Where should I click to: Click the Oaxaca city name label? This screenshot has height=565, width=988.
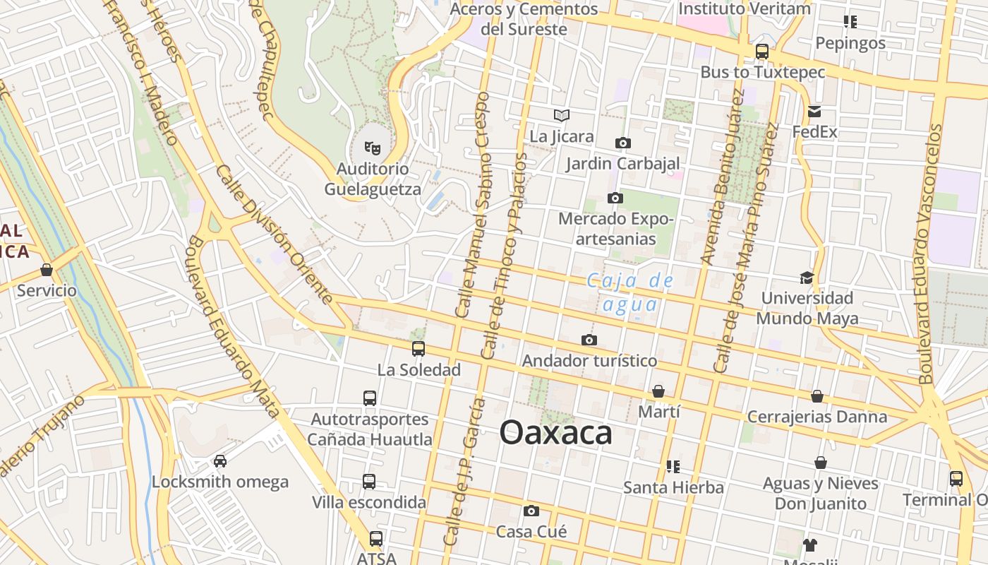[555, 432]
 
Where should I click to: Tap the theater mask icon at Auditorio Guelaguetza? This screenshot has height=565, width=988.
[372, 148]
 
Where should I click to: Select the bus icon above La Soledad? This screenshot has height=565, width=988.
[418, 348]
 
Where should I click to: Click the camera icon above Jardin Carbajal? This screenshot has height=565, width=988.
[622, 143]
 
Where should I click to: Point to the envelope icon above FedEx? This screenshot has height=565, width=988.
[814, 112]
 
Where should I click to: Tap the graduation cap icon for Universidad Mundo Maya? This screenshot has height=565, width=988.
[807, 278]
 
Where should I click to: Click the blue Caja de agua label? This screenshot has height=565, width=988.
[631, 292]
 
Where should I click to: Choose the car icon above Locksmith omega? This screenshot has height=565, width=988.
[220, 461]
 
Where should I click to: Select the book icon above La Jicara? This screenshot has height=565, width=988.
[562, 115]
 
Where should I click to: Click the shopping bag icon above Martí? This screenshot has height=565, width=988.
[658, 391]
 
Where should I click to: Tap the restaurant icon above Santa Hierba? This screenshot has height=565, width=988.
[673, 467]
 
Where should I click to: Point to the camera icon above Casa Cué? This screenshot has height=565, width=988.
[531, 511]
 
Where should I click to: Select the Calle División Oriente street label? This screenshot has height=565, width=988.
[275, 235]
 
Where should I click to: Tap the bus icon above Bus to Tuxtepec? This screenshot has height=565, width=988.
[762, 51]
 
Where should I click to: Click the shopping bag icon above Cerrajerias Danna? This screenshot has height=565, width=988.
[817, 396]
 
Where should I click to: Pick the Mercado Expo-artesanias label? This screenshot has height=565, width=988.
[616, 229]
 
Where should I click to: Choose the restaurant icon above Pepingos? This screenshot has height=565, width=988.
[850, 22]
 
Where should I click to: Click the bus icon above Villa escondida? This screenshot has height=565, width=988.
[369, 482]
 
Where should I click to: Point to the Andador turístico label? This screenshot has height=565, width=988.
[589, 361]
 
